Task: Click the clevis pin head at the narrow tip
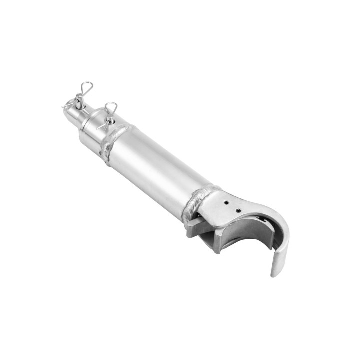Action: coord(78,103)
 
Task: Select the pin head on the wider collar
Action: coord(109,120)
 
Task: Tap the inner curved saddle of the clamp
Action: coord(245,235)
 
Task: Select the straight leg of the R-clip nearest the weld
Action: coord(106,124)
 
